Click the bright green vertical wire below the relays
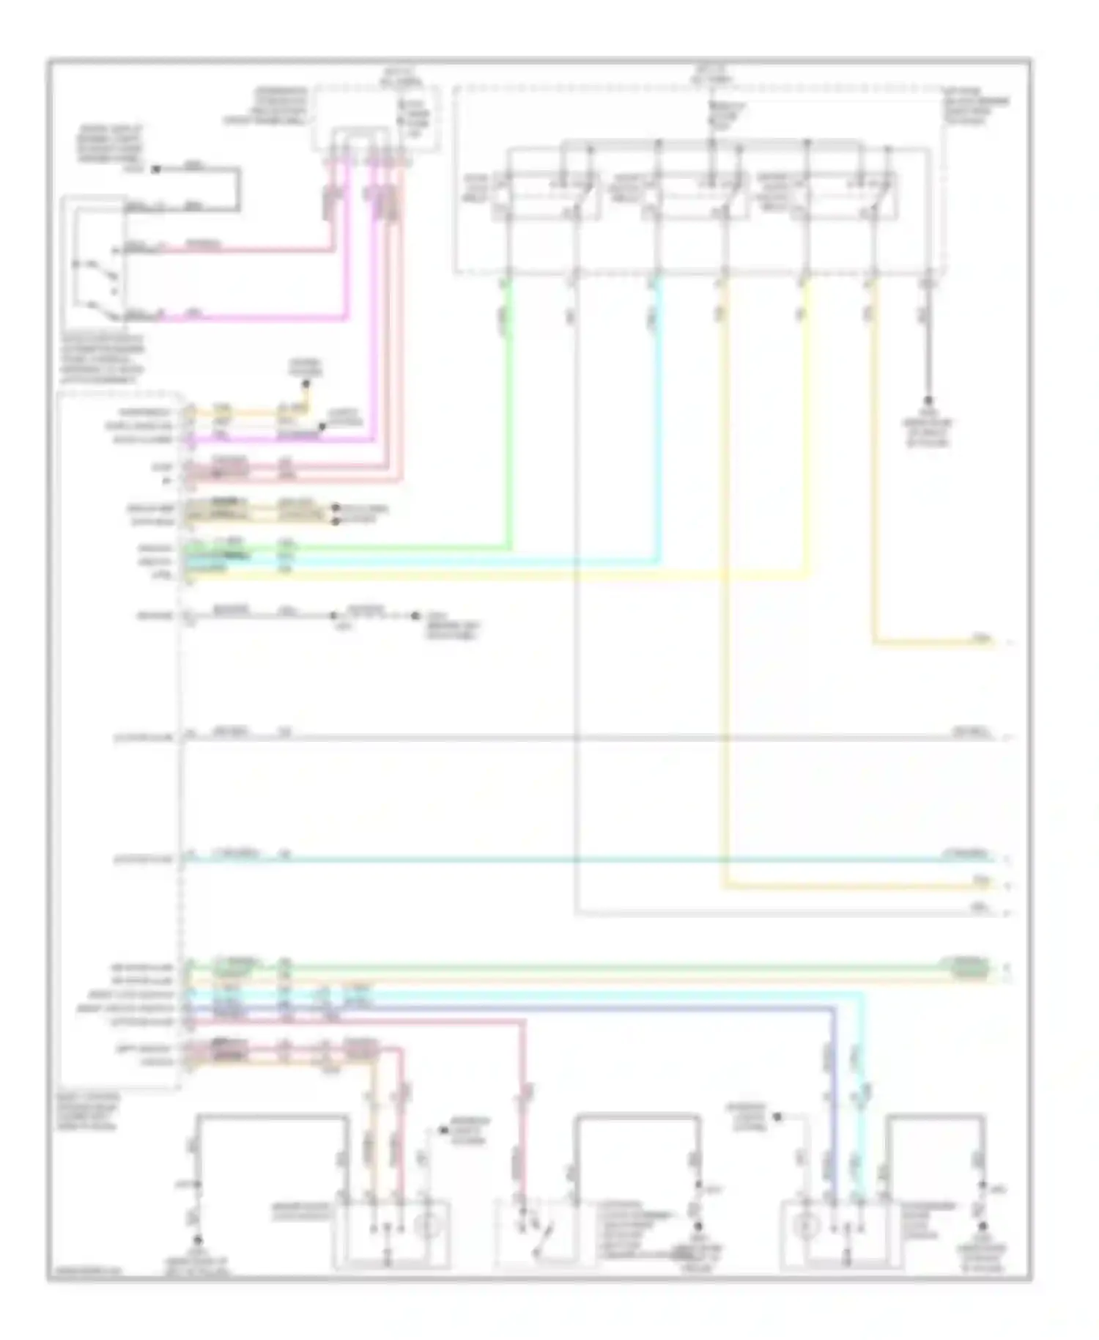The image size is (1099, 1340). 508,411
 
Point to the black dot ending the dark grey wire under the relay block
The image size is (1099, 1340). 928,401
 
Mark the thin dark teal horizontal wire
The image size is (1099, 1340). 586,858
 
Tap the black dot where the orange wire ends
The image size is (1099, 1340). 306,383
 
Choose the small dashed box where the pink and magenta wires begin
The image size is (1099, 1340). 377,119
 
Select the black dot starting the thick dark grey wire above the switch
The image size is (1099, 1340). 156,169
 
